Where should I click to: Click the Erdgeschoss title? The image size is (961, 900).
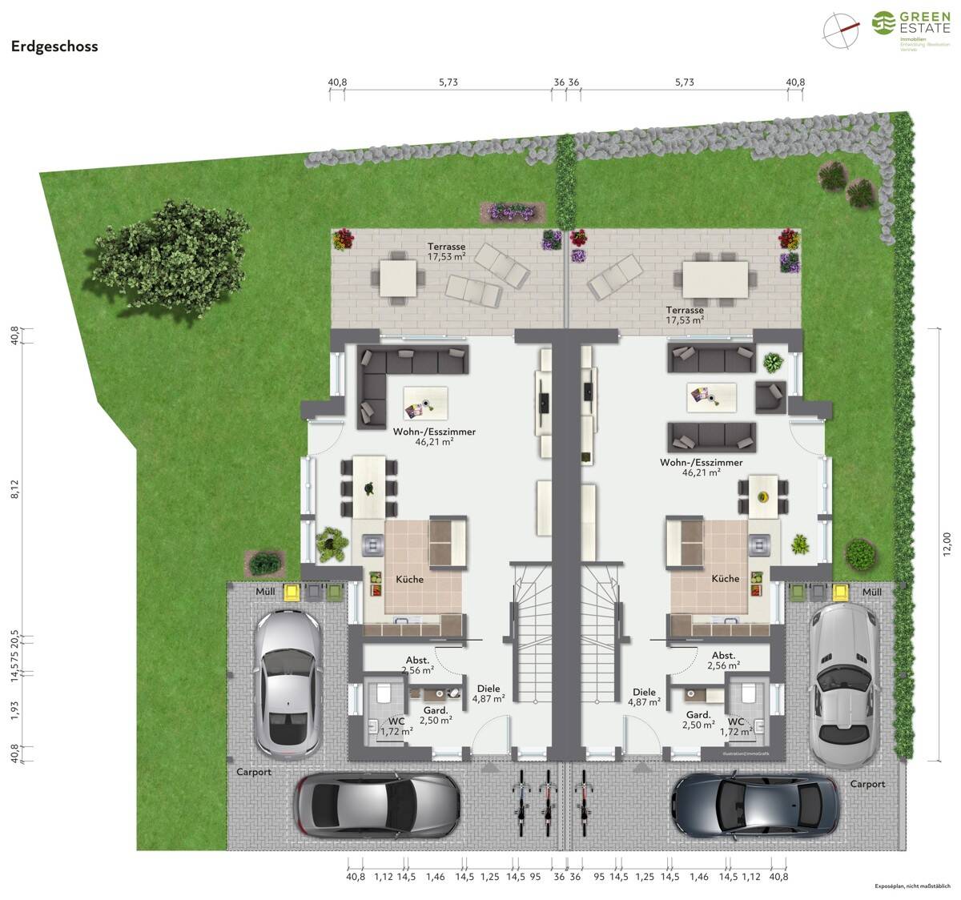[54, 46]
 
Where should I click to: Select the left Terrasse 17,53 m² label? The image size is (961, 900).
[446, 251]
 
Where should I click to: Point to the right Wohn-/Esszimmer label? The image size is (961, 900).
[701, 467]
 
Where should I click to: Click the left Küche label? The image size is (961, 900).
[410, 578]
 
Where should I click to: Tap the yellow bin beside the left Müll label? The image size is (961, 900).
[292, 592]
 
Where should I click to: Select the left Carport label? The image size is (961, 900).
[254, 772]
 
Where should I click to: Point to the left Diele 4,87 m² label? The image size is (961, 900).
[488, 693]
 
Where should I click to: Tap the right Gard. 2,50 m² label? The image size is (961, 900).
[698, 720]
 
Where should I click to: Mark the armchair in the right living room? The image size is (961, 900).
[769, 395]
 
